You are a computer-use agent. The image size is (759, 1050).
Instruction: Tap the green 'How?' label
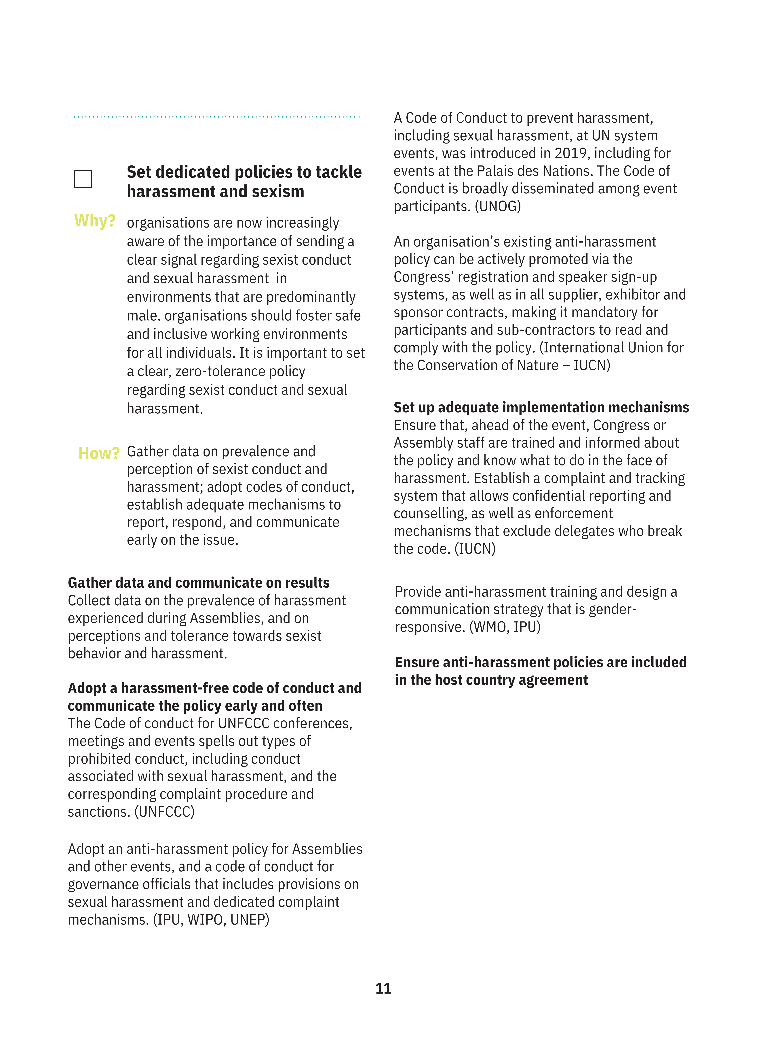click(x=99, y=453)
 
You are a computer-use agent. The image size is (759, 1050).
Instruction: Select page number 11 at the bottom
click(x=383, y=988)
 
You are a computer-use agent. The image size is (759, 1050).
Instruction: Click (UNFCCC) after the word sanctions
click(x=164, y=812)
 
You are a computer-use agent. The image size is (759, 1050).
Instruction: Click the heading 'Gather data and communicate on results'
click(x=199, y=582)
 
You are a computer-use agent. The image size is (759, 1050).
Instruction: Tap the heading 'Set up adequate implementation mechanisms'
click(x=541, y=407)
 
